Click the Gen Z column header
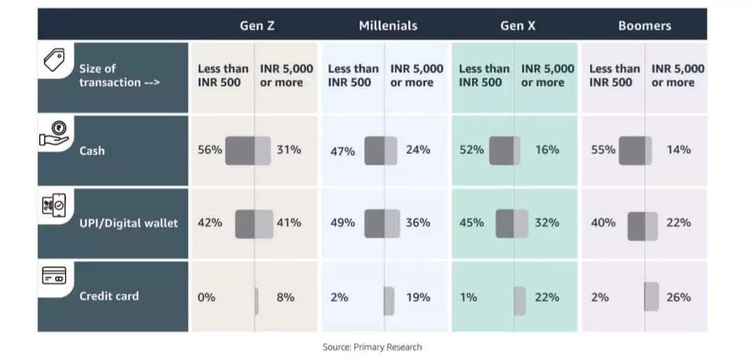tap(257, 26)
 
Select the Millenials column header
tap(388, 26)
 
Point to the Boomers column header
tap(645, 26)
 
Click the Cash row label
tap(92, 150)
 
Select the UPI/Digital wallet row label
tap(129, 223)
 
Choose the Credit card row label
tap(109, 296)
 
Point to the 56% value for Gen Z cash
tap(210, 150)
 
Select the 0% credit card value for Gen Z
tap(206, 297)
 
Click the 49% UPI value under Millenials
tap(343, 223)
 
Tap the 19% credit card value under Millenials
tap(418, 297)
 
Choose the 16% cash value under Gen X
tap(547, 150)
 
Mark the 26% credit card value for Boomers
tap(678, 297)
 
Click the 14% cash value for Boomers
tap(678, 150)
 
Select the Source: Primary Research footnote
tap(372, 347)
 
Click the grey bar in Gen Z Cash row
tap(247, 150)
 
